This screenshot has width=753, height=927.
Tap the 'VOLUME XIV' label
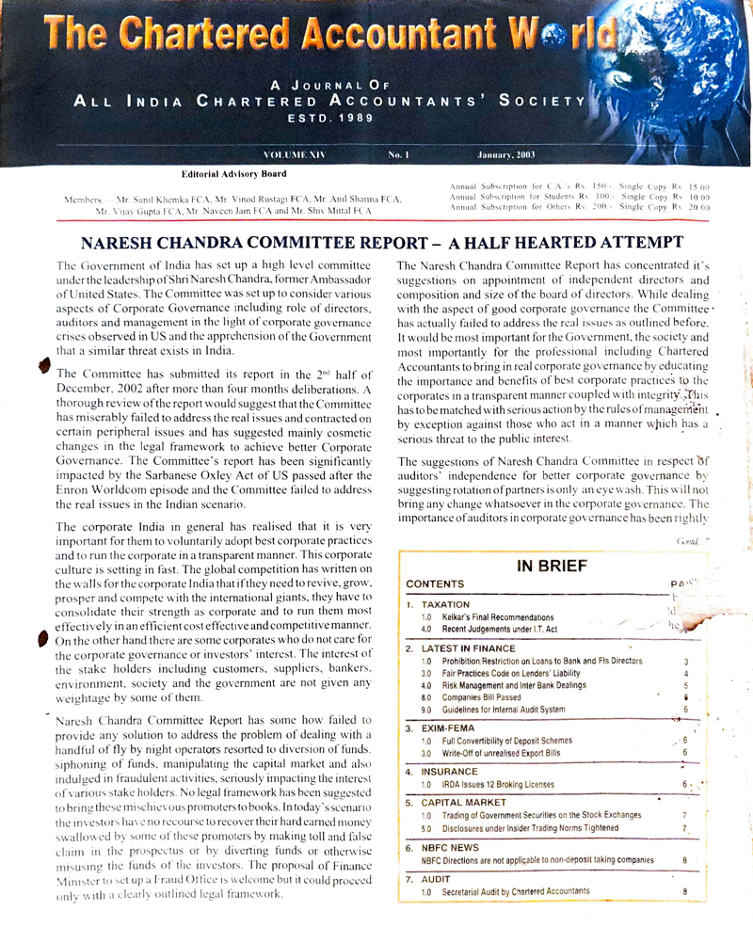tap(294, 153)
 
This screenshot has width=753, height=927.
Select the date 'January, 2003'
tap(507, 153)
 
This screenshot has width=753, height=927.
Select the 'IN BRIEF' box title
tap(552, 566)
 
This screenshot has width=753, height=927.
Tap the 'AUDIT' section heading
tap(439, 879)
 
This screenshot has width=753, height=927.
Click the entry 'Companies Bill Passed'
tap(491, 697)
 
